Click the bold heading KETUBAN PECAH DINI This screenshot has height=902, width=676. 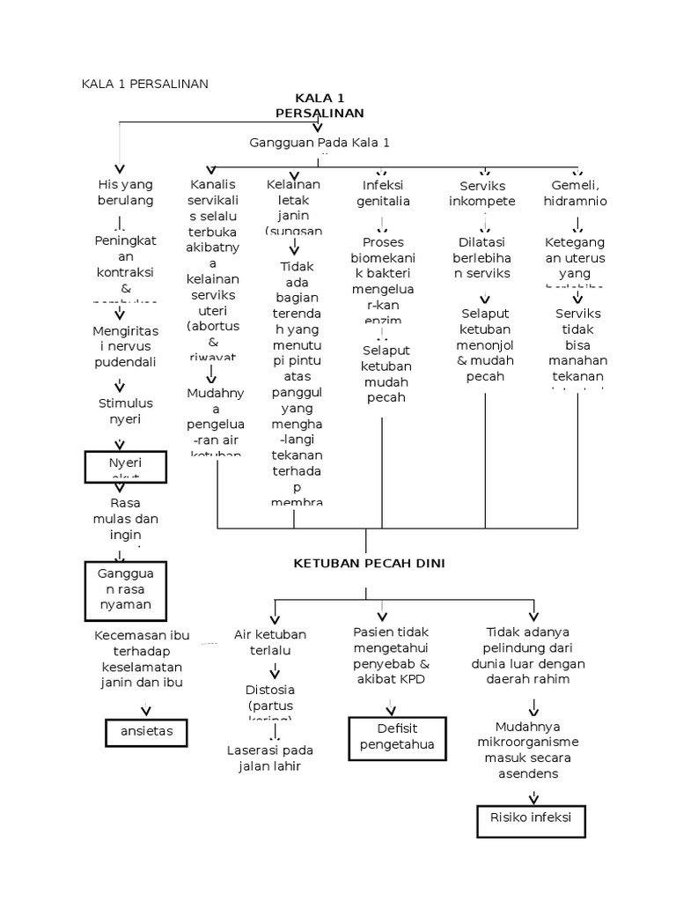click(369, 564)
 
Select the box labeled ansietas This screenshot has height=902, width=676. click(142, 731)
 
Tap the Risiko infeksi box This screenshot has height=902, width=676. click(531, 819)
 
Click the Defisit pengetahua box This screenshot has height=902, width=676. click(397, 736)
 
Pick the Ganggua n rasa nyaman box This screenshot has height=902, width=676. click(124, 589)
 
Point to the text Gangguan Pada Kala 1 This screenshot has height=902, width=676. click(320, 143)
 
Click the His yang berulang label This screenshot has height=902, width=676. click(125, 192)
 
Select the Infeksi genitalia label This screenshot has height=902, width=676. click(383, 192)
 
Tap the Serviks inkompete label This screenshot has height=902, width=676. click(482, 193)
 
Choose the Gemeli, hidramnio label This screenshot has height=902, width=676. click(575, 192)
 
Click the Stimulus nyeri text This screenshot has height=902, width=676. click(125, 410)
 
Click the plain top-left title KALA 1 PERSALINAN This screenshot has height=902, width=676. click(144, 84)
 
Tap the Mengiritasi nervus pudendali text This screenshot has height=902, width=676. click(125, 346)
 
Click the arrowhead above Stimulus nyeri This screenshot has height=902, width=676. click(120, 386)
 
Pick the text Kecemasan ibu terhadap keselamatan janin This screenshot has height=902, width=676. click(142, 659)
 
